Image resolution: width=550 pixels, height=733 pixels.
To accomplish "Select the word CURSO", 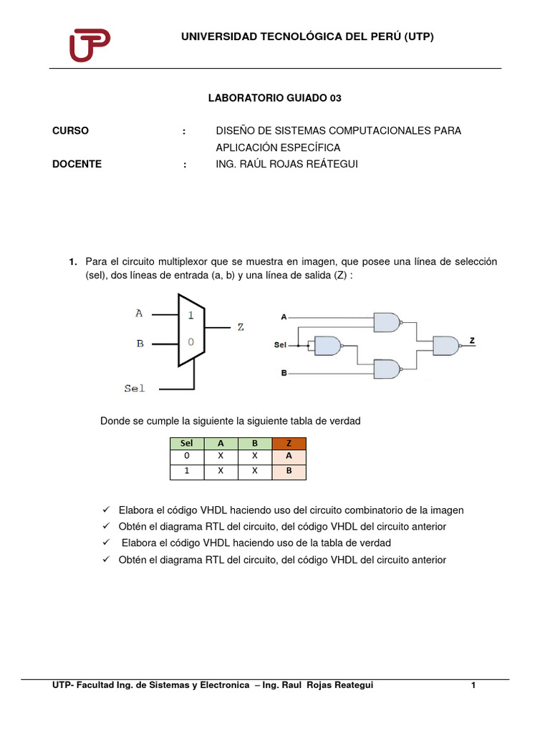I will [71, 130].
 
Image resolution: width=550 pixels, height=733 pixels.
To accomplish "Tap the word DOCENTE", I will [77, 164].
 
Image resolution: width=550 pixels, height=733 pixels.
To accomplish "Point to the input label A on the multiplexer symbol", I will [139, 313].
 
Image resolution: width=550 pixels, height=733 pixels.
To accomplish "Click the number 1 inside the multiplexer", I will [190, 314].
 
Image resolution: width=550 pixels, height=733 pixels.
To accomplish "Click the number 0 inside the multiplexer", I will [190, 342].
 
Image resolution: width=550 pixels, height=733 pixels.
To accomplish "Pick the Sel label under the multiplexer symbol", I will [134, 388].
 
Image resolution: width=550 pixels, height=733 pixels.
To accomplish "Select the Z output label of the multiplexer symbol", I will [241, 327].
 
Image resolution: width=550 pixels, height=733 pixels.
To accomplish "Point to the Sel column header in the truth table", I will [187, 444].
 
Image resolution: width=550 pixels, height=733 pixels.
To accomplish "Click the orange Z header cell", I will [289, 444].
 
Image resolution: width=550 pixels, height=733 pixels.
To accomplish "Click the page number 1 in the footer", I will [473, 686].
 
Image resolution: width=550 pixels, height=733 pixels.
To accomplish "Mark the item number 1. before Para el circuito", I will [72, 262].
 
